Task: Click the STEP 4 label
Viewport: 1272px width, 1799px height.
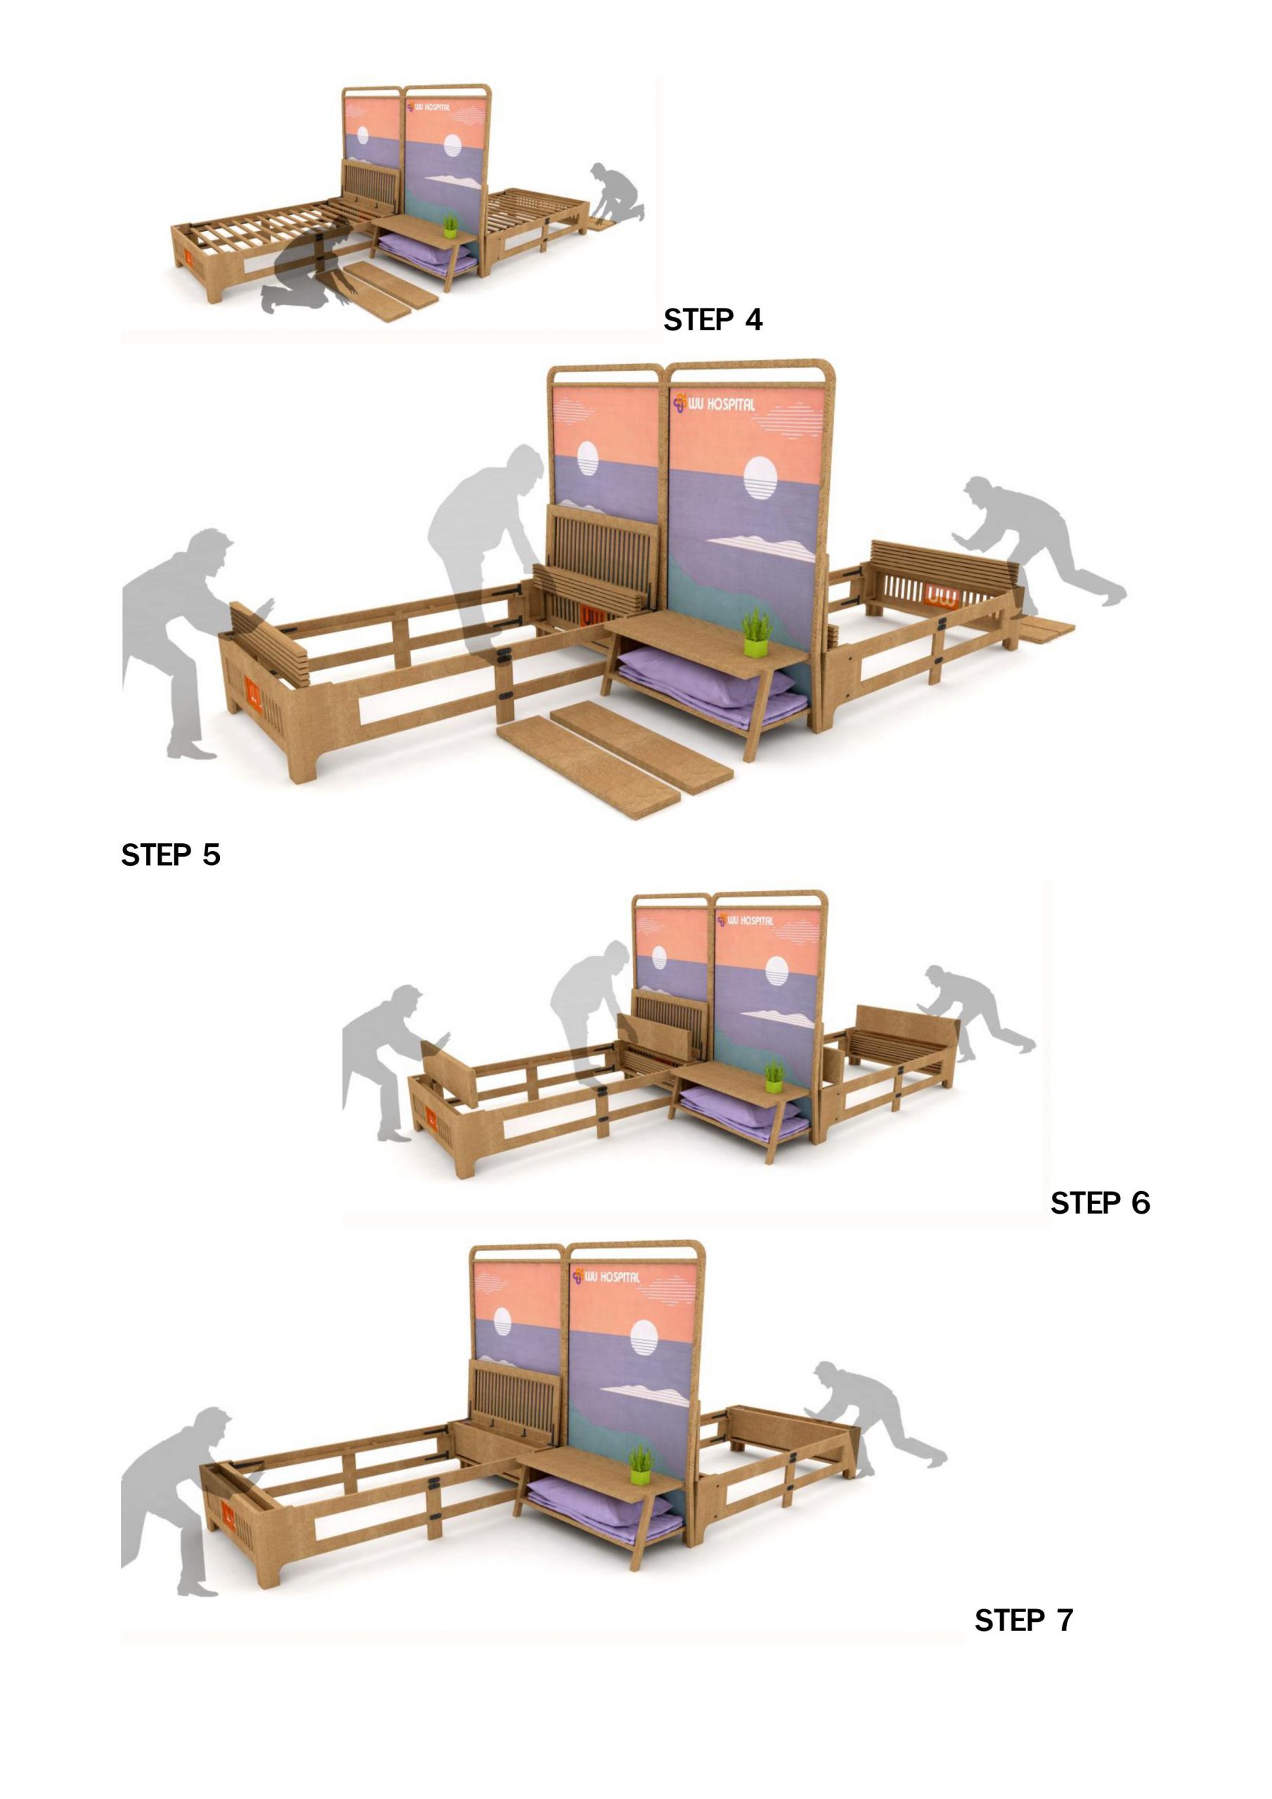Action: [x=713, y=320]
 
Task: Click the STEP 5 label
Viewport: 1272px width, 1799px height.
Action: [x=171, y=855]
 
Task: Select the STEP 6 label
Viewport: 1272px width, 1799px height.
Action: [x=1101, y=1202]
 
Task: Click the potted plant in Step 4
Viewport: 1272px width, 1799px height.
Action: [x=450, y=226]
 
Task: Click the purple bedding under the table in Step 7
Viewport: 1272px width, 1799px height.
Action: [x=604, y=1510]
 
